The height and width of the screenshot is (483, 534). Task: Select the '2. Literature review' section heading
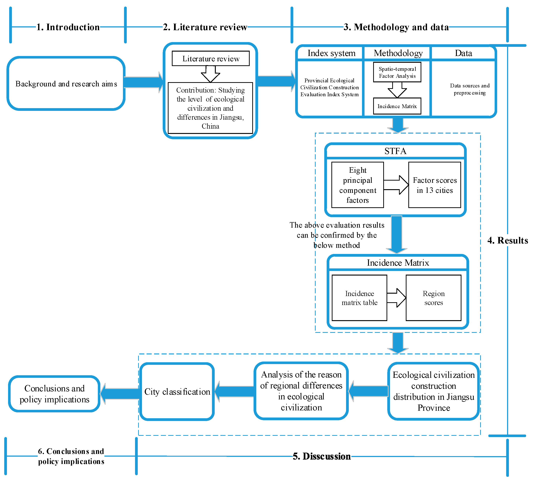(205, 27)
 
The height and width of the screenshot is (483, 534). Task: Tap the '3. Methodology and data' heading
(396, 27)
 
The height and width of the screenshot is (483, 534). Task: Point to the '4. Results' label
(507, 240)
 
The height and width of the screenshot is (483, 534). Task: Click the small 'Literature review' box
(211, 59)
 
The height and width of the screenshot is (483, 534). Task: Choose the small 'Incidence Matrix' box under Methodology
(397, 106)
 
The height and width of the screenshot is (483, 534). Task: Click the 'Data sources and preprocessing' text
(470, 89)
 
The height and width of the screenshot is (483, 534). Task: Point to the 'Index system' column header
(331, 53)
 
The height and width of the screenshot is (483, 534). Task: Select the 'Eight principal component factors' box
(358, 185)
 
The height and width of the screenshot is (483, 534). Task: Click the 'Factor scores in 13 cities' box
(435, 185)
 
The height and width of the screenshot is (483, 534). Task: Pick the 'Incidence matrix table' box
(359, 298)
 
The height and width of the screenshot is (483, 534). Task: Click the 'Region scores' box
(434, 298)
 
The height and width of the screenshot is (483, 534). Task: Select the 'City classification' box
(177, 392)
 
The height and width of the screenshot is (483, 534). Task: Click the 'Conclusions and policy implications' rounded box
(54, 394)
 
